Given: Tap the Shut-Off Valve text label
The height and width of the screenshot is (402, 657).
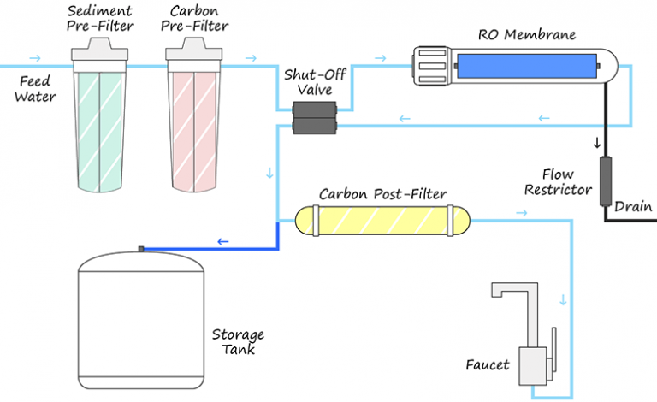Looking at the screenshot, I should (316, 82).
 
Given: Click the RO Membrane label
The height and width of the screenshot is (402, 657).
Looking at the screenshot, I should (526, 35).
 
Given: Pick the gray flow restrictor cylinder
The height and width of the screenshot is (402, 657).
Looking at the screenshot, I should (607, 177).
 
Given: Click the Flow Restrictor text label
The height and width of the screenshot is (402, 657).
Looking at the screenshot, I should (557, 181).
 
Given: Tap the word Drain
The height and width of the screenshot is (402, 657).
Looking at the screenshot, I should (633, 206).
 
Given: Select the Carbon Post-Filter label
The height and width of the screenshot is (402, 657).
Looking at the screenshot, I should (382, 194).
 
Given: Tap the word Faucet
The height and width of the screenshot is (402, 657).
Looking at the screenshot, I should (488, 365).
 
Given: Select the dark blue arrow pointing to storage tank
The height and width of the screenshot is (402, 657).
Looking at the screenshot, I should (223, 242).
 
